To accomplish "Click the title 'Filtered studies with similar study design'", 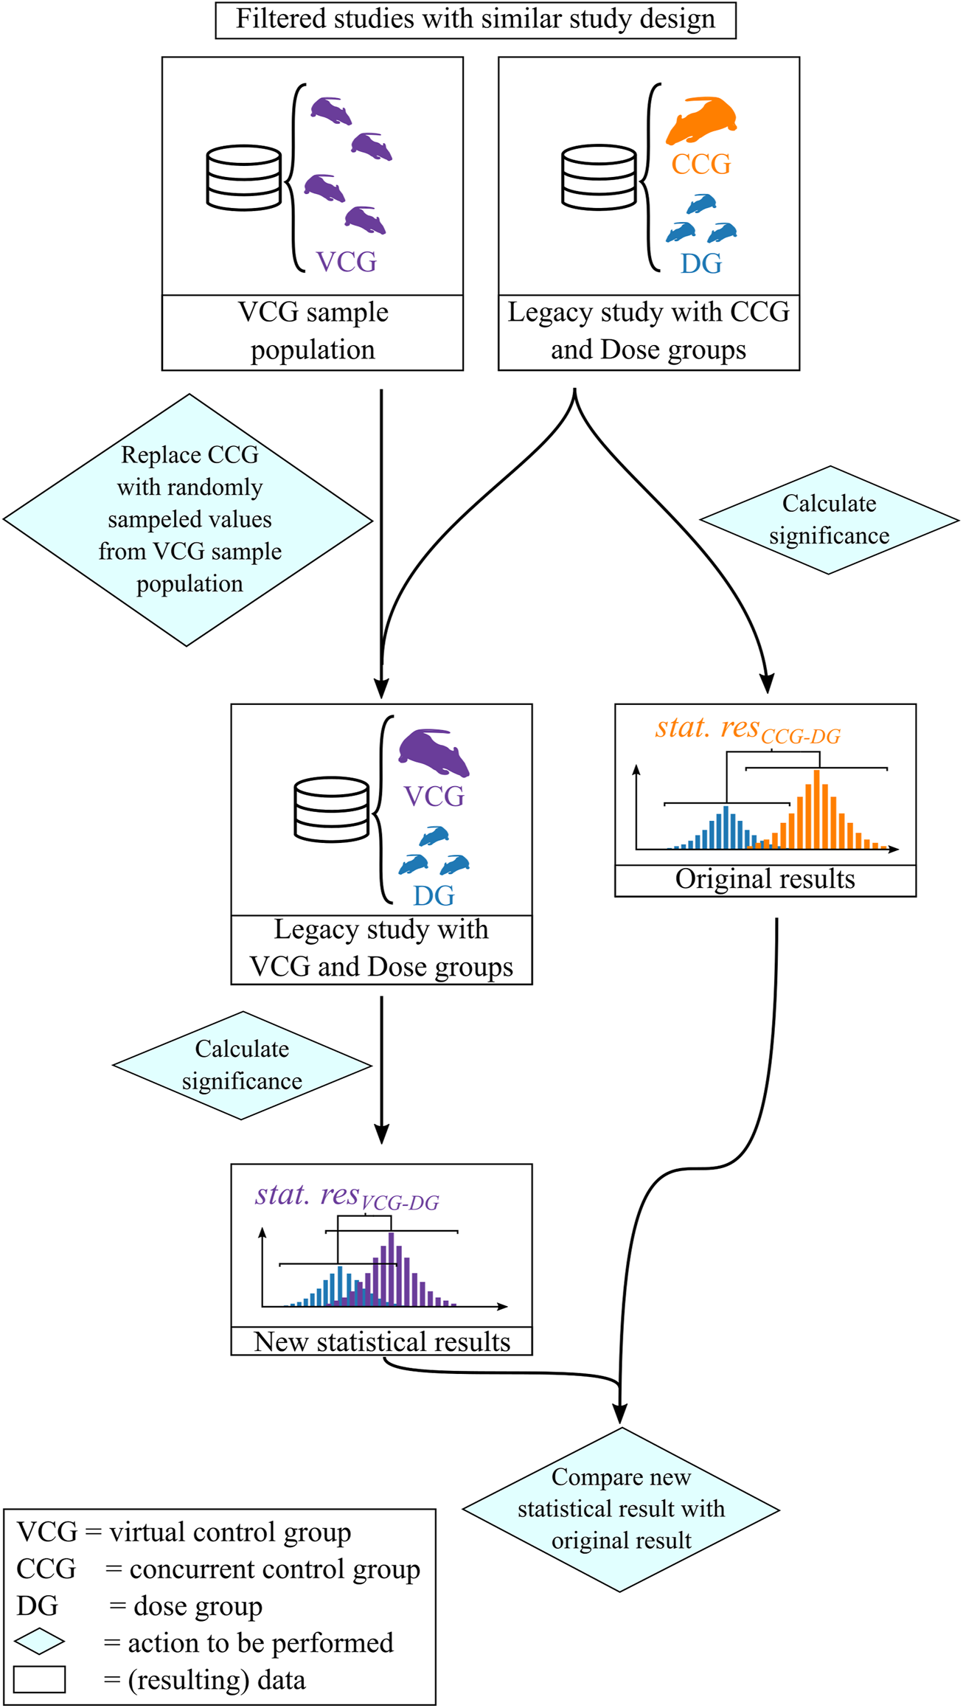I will coord(476,20).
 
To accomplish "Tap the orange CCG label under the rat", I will coord(700,164).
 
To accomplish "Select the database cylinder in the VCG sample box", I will coord(244,178).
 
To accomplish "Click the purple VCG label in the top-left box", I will coord(346,261).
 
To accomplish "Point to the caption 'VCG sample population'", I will coord(313,331).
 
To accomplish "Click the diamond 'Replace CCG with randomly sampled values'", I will coord(189,519).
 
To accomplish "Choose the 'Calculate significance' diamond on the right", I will coord(829,520).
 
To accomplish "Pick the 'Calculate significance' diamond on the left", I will coord(242,1065).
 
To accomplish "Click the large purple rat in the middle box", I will coord(434,752).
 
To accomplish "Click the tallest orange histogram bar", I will coord(816,810).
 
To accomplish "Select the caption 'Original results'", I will coord(765,879).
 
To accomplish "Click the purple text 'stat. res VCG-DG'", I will coord(347,1196).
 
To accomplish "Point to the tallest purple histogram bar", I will coord(391,1268).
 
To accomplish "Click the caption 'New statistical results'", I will coord(381,1341).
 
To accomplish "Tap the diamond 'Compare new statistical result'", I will coord(621,1509).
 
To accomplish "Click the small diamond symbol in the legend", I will coord(40,1642).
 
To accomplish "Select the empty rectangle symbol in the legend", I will coord(40,1679).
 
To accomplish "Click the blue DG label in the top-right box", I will coord(700,263).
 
